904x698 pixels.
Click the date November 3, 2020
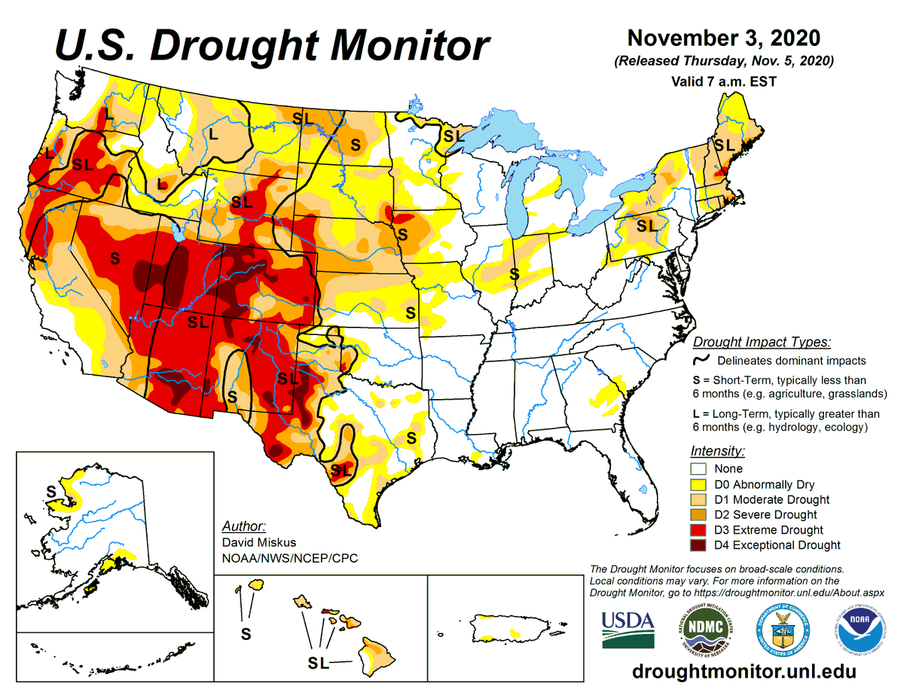click(x=724, y=38)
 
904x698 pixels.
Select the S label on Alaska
click(x=51, y=491)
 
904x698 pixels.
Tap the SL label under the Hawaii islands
click(x=319, y=662)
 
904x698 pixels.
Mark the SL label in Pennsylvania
click(x=646, y=225)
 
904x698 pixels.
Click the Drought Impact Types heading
click(x=761, y=342)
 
